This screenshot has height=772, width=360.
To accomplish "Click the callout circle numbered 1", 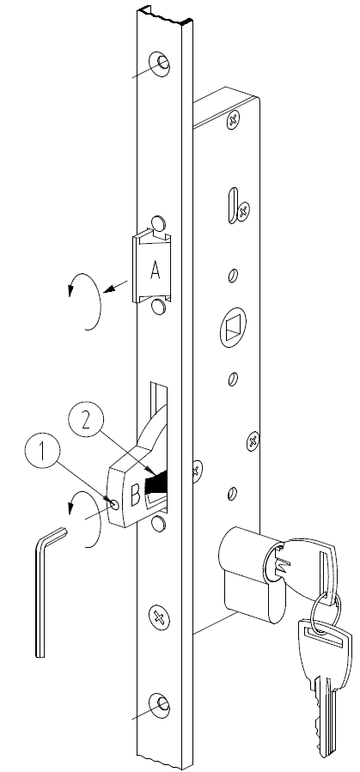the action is point(42,452).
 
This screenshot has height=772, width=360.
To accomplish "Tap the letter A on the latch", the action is point(156,270).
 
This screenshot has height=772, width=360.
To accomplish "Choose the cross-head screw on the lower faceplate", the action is point(160,617).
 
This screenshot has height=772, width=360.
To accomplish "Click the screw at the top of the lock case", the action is point(233,119).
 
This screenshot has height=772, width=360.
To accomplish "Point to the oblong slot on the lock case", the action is point(233,205).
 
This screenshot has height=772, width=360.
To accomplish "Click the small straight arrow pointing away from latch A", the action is point(116,286).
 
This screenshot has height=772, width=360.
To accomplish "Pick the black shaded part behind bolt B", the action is point(156,483).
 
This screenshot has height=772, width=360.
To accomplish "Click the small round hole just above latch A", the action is point(157,223).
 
